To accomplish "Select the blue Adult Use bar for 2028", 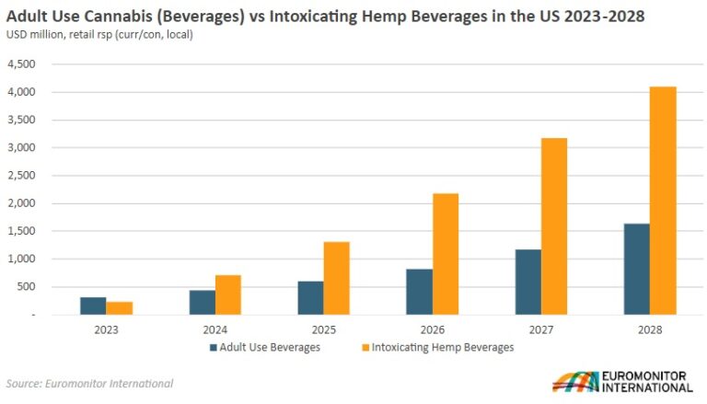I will point(637,269).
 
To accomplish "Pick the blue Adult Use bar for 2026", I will point(419,292).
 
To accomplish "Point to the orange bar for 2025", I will point(336,278).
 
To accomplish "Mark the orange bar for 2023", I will point(119,307).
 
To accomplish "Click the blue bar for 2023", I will point(93,306).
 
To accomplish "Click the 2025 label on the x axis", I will point(323,329).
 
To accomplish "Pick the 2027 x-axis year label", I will point(541,329).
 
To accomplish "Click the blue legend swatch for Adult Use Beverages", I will point(213,347).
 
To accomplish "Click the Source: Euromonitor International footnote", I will point(88,383).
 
